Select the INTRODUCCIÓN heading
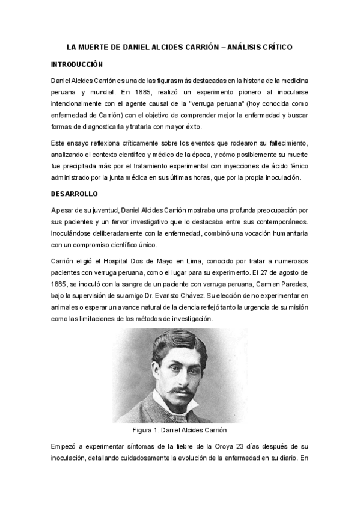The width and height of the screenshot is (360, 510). pos(77,64)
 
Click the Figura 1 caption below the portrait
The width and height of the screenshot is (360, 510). pos(179,430)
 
